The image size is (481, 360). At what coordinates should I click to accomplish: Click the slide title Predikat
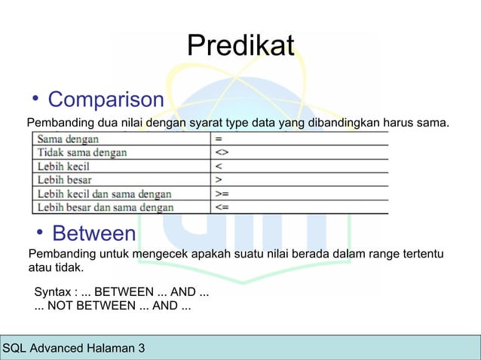[240, 46]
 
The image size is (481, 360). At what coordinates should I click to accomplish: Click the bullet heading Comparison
[106, 99]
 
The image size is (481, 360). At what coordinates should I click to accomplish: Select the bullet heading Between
[93, 233]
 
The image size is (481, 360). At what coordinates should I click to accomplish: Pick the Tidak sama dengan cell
[82, 152]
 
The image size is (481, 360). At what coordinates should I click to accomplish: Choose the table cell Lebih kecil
[66, 166]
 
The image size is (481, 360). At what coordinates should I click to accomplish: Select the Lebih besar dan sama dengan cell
[106, 207]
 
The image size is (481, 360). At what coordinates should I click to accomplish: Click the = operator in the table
[218, 139]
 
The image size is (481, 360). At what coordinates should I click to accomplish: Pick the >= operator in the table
[221, 194]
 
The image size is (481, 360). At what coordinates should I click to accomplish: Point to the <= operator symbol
[221, 207]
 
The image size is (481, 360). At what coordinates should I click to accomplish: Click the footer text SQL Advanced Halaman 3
[75, 348]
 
